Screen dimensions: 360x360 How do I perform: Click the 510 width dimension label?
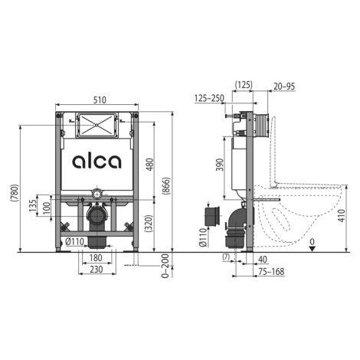click(x=100, y=100)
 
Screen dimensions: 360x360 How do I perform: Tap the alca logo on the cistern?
click(x=97, y=162)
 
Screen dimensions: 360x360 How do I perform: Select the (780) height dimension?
click(x=15, y=192)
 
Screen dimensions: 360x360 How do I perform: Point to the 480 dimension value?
click(x=150, y=165)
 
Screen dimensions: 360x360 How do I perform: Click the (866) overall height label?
click(x=166, y=186)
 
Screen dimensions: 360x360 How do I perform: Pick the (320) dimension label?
click(x=149, y=224)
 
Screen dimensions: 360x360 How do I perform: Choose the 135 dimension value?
click(x=33, y=205)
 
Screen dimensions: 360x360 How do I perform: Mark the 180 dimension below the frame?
click(x=96, y=258)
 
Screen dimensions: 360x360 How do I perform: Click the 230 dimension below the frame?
click(x=97, y=269)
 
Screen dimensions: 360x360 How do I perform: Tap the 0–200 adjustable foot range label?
click(x=166, y=266)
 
